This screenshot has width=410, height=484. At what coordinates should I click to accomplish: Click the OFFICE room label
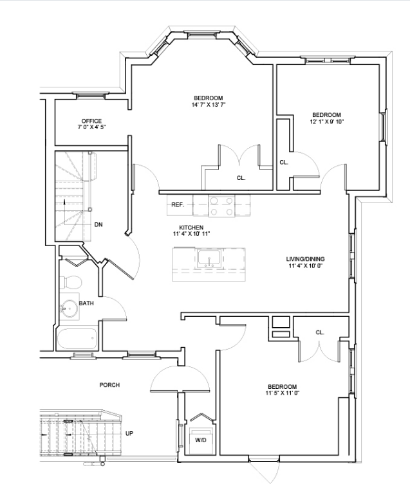(x=91, y=121)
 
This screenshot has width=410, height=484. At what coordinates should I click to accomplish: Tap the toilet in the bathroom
(x=71, y=282)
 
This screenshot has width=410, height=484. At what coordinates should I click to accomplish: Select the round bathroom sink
(x=69, y=308)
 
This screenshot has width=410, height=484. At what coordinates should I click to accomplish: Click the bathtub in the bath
(x=77, y=339)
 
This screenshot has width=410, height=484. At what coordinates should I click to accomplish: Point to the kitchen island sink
(x=209, y=258)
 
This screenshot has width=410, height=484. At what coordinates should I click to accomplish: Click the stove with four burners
(x=221, y=206)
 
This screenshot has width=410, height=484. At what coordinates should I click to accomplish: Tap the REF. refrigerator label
(x=178, y=204)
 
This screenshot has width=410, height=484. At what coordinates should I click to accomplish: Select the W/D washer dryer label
(x=200, y=440)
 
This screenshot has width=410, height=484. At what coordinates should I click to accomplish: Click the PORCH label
(x=109, y=385)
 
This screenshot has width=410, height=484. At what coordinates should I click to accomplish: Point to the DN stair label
(x=98, y=225)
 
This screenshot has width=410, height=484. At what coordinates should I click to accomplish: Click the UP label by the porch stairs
(x=129, y=433)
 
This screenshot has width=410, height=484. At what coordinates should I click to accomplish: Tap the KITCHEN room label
(x=191, y=228)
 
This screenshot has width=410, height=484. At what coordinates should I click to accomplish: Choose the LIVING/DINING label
(x=305, y=259)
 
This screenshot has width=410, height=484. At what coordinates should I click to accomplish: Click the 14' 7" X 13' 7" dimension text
(x=209, y=105)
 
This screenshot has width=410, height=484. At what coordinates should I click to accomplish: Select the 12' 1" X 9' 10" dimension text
(x=327, y=121)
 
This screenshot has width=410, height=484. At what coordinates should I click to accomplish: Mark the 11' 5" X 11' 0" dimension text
(x=283, y=393)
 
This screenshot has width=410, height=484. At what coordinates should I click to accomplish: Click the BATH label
(x=86, y=303)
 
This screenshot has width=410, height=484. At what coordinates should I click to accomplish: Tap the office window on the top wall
(x=91, y=95)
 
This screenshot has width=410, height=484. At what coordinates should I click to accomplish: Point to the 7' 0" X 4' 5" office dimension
(x=91, y=127)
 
